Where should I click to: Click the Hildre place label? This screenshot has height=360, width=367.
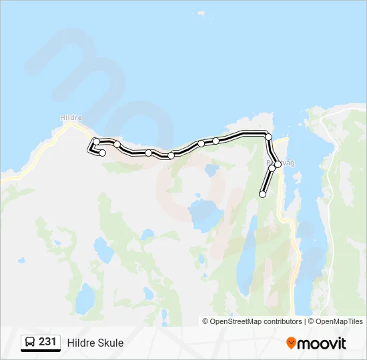point(71,117)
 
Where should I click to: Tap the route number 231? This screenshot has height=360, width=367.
point(47,341)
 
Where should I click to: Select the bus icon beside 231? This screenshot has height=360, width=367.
point(30,342)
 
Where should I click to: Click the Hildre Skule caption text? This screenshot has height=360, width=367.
point(95,343)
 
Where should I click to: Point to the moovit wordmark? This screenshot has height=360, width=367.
point(322,343)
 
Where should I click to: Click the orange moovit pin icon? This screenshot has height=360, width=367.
point(291,343)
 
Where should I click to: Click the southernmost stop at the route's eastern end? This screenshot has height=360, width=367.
point(262,194)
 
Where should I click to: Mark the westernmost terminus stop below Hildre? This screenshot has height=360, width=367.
point(103,153)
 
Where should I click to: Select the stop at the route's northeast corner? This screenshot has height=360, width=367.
point(268,137)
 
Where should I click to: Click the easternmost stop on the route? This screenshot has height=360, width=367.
point(278,164)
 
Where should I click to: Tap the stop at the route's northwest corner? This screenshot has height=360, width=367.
point(97,141)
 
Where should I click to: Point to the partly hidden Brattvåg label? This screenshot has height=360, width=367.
point(281,162)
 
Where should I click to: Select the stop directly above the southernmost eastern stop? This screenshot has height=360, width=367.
point(272,169)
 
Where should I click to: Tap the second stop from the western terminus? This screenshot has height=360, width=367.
point(97,141)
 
